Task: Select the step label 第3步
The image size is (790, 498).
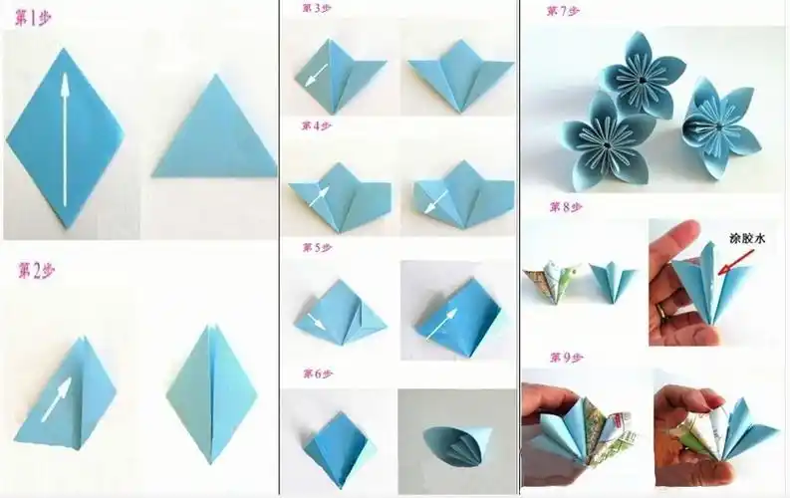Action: pyautogui.click(x=317, y=8)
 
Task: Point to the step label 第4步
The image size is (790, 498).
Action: pyautogui.click(x=317, y=126)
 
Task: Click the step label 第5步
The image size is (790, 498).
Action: pyautogui.click(x=317, y=247)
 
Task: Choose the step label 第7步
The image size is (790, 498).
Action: pyautogui.click(x=563, y=11)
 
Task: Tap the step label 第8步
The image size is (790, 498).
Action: pyautogui.click(x=563, y=207)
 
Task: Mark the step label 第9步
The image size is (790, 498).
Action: pyautogui.click(x=563, y=356)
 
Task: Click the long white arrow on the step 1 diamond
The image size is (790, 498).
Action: pyautogui.click(x=65, y=140)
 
